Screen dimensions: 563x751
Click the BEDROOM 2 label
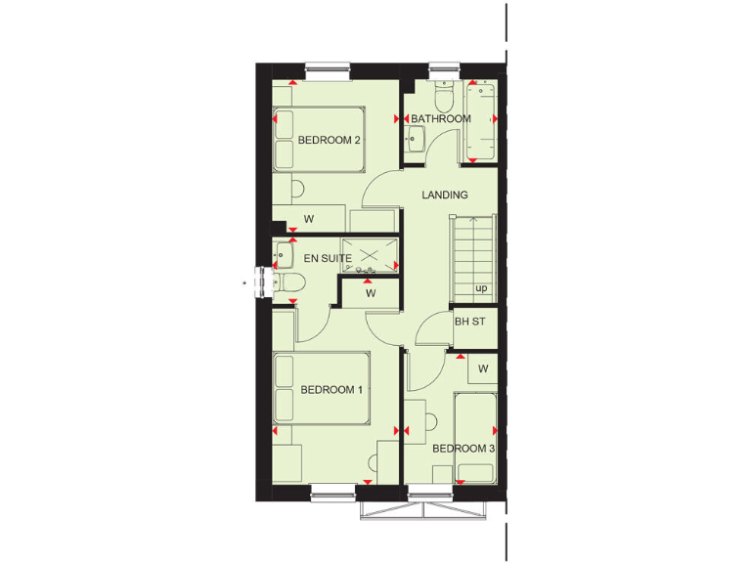point(330,141)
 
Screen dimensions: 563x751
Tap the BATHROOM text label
point(440,119)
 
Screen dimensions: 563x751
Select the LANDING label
point(445,195)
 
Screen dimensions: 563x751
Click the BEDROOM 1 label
point(331,390)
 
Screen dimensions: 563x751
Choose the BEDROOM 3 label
point(464,449)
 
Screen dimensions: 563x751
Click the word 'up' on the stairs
point(481,288)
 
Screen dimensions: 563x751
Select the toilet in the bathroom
point(443,99)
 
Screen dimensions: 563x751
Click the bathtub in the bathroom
point(481,119)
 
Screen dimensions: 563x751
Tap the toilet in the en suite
point(290,282)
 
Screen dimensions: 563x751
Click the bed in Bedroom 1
point(321,389)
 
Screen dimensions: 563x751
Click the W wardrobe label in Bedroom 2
point(308,219)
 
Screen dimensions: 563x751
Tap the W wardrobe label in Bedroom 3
point(483,368)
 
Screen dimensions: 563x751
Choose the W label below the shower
point(371,292)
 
